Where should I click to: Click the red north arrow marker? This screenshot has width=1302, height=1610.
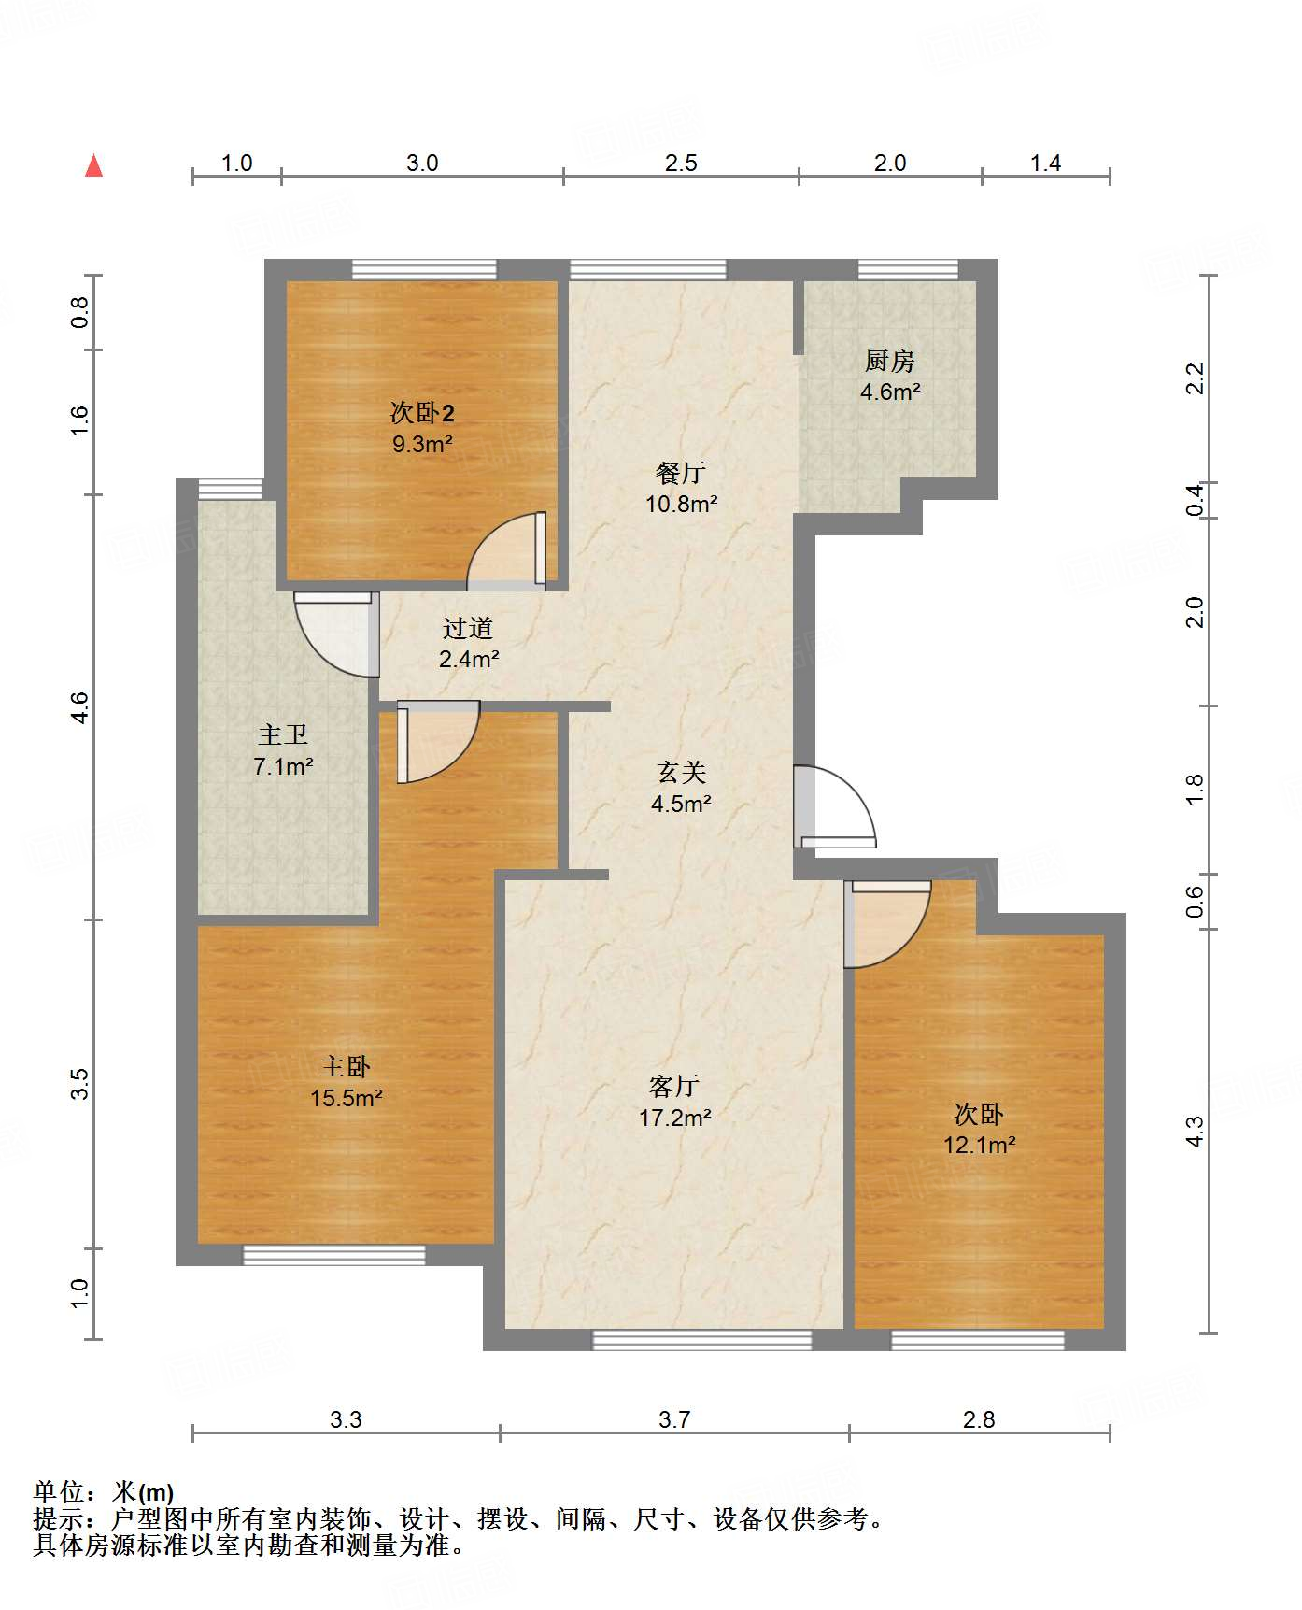click(x=93, y=165)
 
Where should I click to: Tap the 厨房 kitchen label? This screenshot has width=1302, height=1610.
click(x=889, y=361)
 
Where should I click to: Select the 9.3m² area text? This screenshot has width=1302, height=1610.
click(x=422, y=444)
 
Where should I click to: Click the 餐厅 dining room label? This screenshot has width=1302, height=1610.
click(x=680, y=474)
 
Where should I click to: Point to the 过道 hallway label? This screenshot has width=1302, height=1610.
click(x=468, y=628)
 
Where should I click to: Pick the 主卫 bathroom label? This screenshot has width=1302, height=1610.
click(x=282, y=736)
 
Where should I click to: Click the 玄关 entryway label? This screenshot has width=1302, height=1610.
click(x=681, y=773)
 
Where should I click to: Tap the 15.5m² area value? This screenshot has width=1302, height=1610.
click(x=347, y=1098)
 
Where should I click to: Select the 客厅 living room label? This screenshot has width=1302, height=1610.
click(x=674, y=1086)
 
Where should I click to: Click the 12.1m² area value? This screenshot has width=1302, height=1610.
click(x=979, y=1145)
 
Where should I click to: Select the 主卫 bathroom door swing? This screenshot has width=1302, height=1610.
click(x=336, y=634)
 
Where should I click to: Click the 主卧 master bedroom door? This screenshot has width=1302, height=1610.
click(x=438, y=742)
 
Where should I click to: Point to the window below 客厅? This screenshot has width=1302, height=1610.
click(x=702, y=1340)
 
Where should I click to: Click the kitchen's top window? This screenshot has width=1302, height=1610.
click(x=908, y=270)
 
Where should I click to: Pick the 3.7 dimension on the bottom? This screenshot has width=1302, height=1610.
click(x=674, y=1420)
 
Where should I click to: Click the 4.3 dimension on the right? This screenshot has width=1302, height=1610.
click(x=1195, y=1132)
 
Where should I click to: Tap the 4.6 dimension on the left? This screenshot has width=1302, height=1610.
click(x=79, y=706)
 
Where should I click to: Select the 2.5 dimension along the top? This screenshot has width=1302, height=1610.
click(x=681, y=164)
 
